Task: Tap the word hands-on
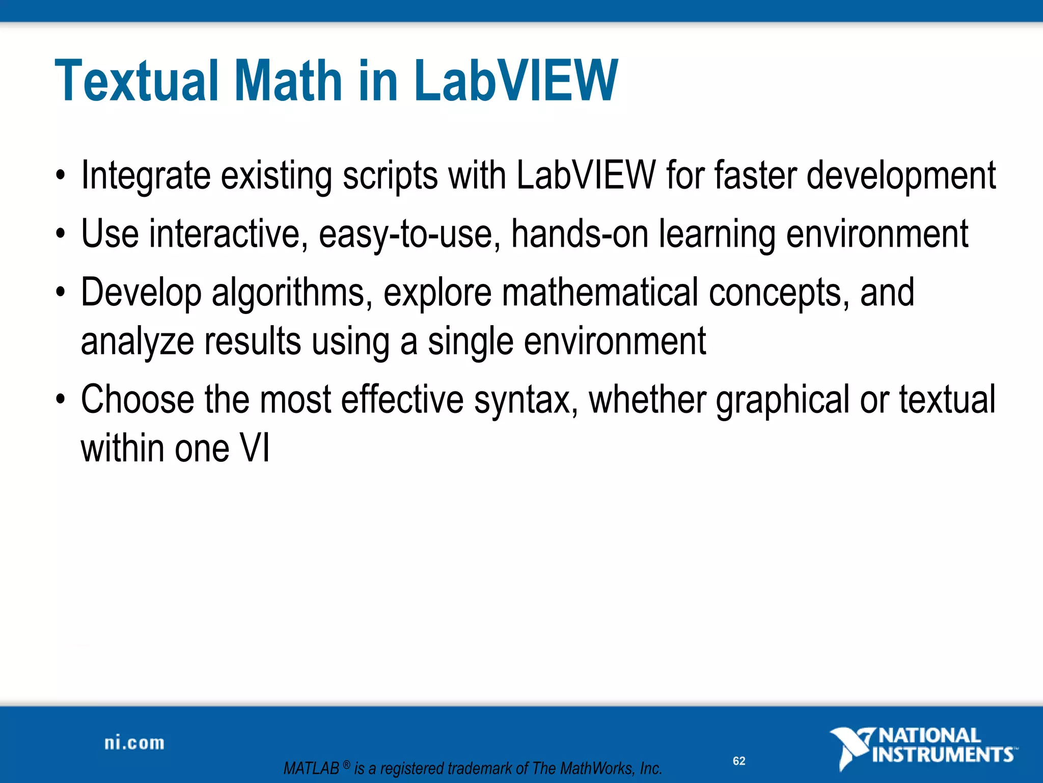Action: [580, 233]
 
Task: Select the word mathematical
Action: [600, 292]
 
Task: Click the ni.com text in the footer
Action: [134, 743]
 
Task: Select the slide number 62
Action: [739, 761]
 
